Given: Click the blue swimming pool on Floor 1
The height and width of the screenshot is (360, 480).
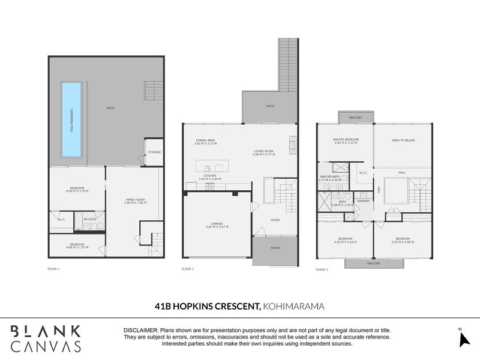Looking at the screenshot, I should tap(71, 120).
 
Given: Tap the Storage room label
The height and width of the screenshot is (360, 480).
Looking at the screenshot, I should tap(154, 152).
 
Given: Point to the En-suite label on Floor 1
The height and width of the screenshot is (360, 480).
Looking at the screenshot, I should tap(90, 220).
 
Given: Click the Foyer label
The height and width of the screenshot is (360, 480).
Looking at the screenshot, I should tap(274, 220).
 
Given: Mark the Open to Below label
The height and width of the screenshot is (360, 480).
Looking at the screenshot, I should tap(403, 140).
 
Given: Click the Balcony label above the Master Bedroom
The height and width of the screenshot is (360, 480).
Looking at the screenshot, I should tap(355, 117).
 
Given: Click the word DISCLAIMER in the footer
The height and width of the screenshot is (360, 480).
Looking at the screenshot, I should tap(140, 331).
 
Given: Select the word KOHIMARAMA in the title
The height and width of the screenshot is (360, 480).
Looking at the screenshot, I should tap(293, 306).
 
